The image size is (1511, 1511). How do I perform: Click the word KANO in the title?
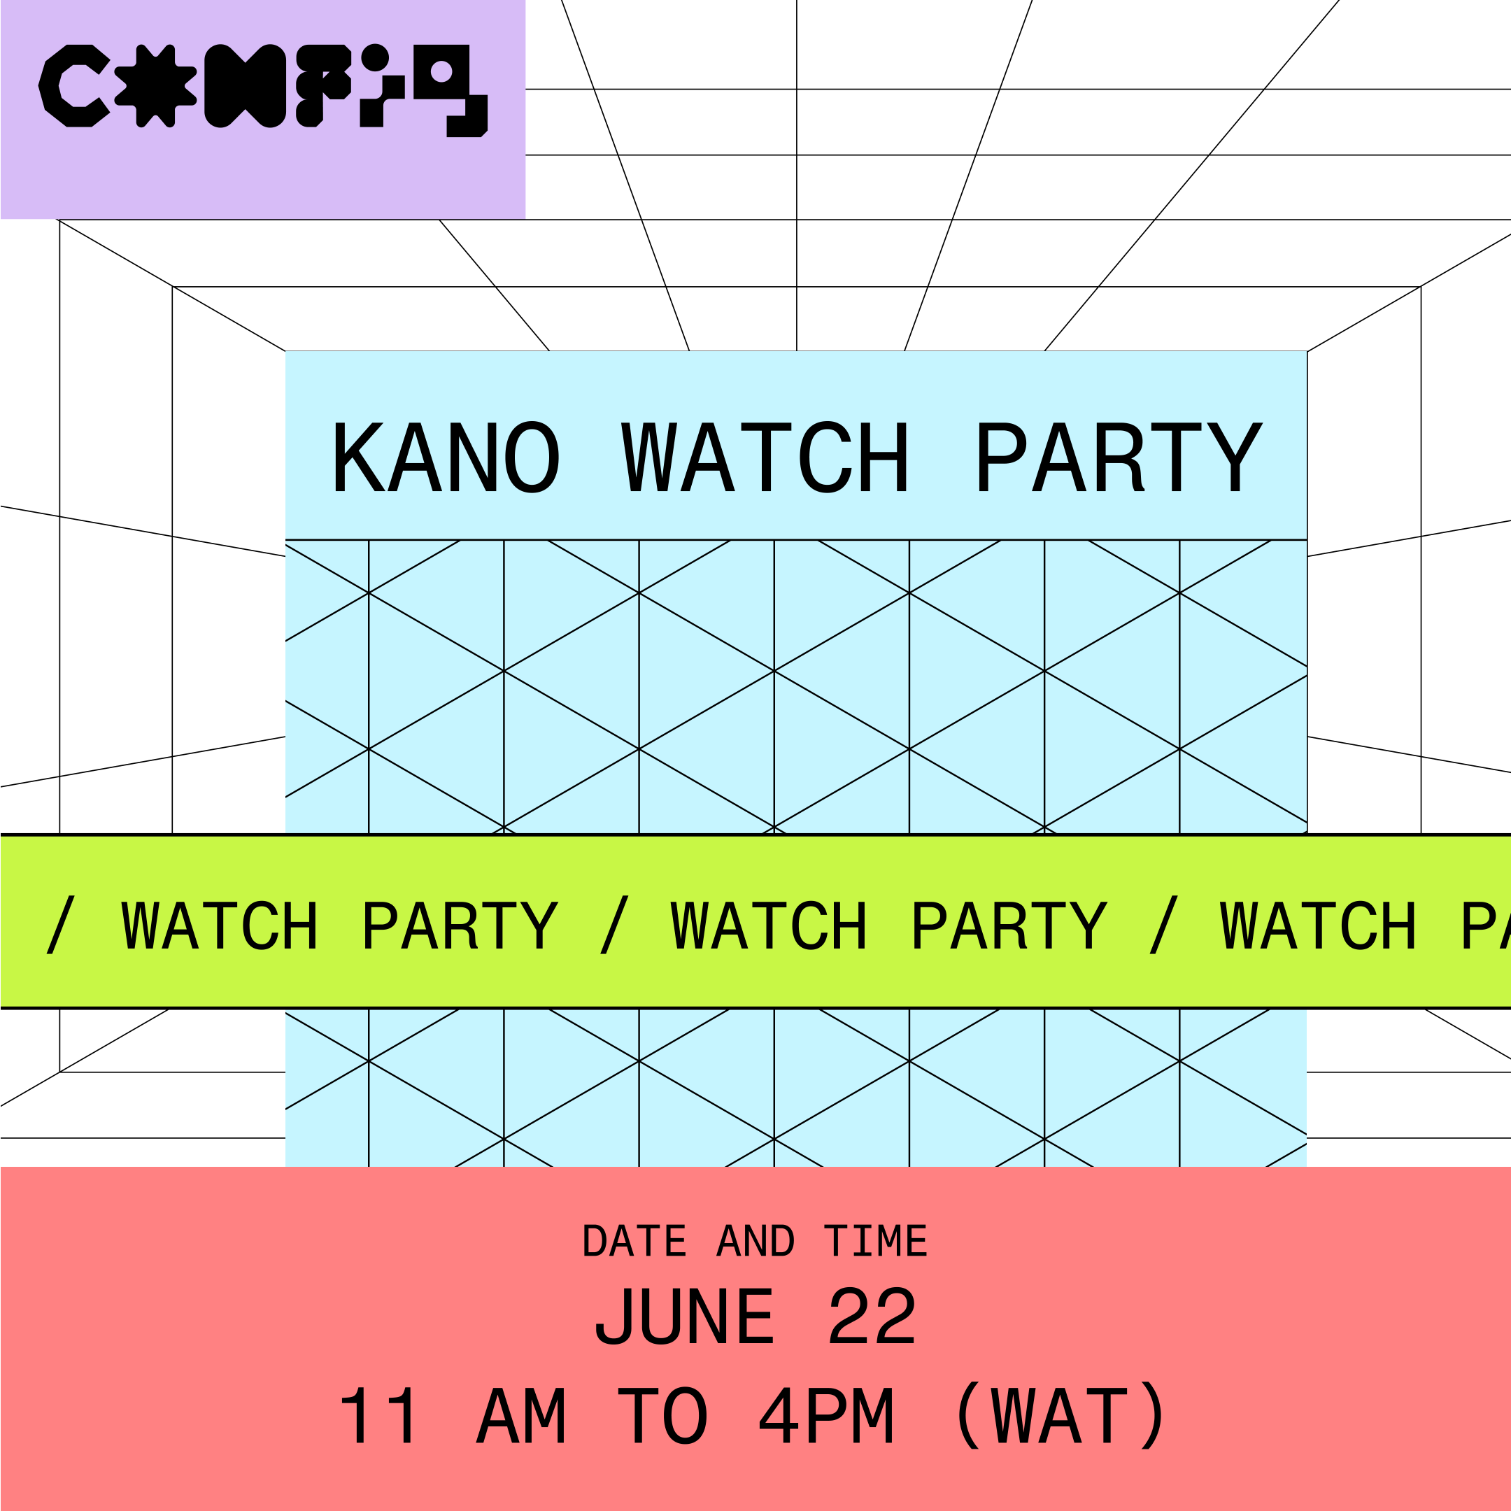(446, 457)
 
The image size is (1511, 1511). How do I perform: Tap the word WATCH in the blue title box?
(765, 457)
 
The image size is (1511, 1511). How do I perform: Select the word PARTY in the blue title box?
(1119, 457)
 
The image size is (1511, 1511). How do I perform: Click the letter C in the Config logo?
(73, 86)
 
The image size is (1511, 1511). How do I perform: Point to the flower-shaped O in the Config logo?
(155, 86)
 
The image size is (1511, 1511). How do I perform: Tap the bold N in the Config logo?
(245, 86)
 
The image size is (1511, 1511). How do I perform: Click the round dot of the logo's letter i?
(376, 57)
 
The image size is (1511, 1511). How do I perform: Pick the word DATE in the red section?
(634, 1241)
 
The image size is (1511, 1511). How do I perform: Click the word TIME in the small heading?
(875, 1241)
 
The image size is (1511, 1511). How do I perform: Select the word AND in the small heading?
(755, 1241)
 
